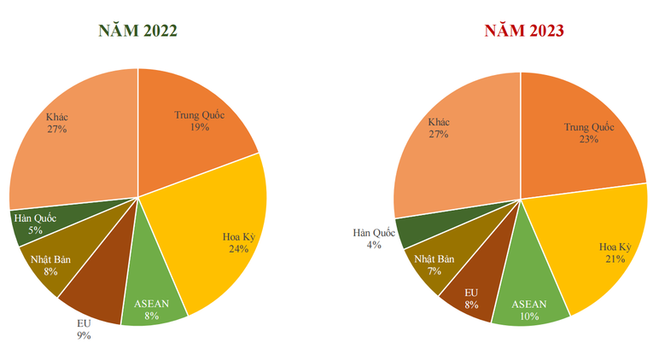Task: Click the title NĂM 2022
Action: pyautogui.click(x=137, y=31)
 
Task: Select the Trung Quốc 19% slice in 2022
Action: pyautogui.click(x=192, y=128)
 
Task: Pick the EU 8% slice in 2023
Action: pyautogui.click(x=471, y=294)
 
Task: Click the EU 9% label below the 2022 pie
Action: pyautogui.click(x=82, y=329)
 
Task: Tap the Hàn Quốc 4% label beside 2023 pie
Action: pyautogui.click(x=373, y=239)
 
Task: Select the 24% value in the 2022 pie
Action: pyautogui.click(x=238, y=249)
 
